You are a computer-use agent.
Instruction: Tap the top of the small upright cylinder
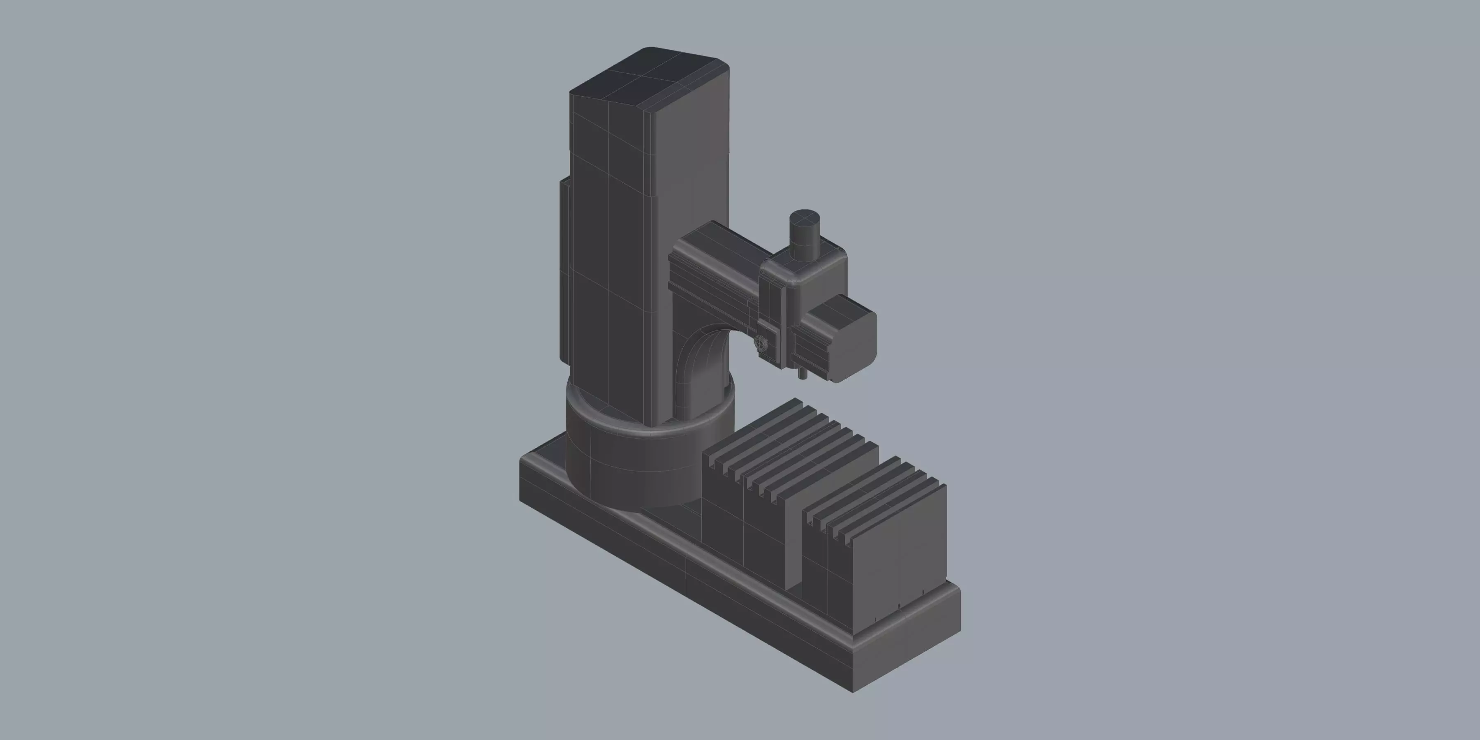pyautogui.click(x=805, y=217)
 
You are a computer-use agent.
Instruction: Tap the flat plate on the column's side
pyautogui.click(x=564, y=270)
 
